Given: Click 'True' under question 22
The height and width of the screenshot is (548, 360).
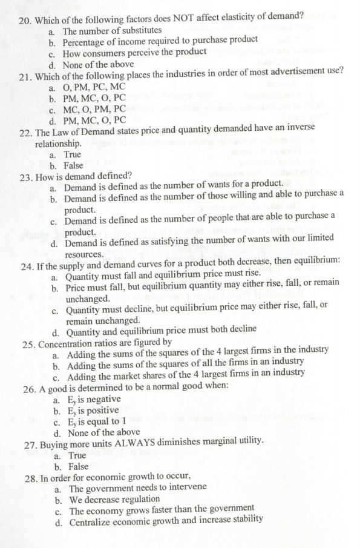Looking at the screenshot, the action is tap(76, 155).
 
